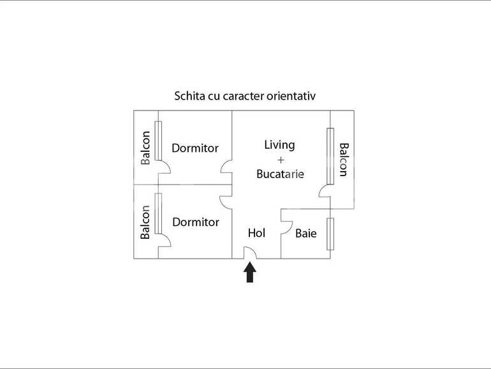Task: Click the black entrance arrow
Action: [250, 273]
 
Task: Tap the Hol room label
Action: [256, 233]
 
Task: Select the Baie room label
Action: [306, 233]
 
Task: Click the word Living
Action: [280, 145]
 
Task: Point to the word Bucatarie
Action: [281, 174]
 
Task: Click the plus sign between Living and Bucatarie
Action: [281, 160]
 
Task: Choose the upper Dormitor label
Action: [195, 148]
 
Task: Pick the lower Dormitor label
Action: [196, 222]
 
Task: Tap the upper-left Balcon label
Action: [145, 147]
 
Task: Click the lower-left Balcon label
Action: [145, 222]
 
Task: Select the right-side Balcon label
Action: [344, 160]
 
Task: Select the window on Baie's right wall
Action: [330, 234]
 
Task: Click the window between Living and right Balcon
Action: [330, 156]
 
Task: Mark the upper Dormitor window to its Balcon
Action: [158, 140]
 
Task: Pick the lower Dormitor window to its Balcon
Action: [158, 213]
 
